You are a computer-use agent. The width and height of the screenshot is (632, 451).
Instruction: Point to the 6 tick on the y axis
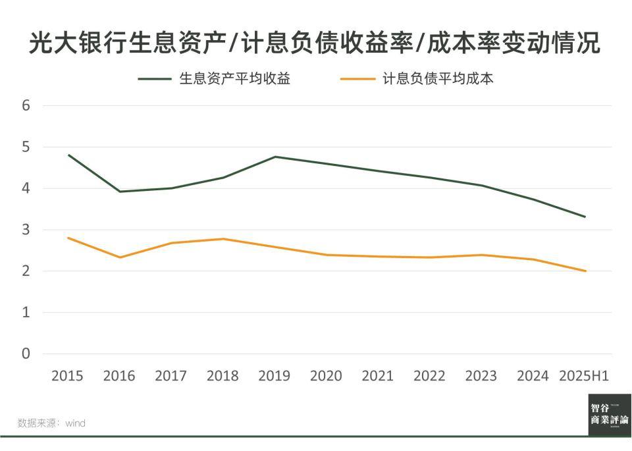[x=26, y=105]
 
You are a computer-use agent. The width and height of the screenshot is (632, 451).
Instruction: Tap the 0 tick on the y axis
[x=26, y=354]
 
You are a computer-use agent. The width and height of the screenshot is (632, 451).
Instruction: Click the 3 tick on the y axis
[x=26, y=230]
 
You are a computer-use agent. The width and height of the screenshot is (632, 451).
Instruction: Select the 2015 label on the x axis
[x=67, y=376]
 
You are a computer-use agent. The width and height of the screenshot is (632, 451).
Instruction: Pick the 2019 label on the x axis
[x=274, y=376]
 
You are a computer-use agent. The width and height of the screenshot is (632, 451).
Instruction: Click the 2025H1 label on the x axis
[x=584, y=376]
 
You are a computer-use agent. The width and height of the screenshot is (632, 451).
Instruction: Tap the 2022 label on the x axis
[x=429, y=376]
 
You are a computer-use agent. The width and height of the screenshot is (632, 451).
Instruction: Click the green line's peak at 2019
[x=275, y=157]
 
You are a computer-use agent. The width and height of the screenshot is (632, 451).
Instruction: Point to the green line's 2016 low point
[x=120, y=192]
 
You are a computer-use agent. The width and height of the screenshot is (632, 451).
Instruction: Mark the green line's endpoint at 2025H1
[x=585, y=217]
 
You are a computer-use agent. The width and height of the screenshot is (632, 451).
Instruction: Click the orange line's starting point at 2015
[x=68, y=238]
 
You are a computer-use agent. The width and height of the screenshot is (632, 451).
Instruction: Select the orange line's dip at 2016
[x=120, y=257]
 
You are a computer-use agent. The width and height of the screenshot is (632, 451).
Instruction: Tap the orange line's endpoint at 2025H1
[x=585, y=271]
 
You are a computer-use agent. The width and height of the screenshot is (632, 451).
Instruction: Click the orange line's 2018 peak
[x=223, y=239]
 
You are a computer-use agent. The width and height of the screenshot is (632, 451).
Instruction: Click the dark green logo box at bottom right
[x=610, y=414]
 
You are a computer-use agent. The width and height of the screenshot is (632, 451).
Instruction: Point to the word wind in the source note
[x=75, y=423]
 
